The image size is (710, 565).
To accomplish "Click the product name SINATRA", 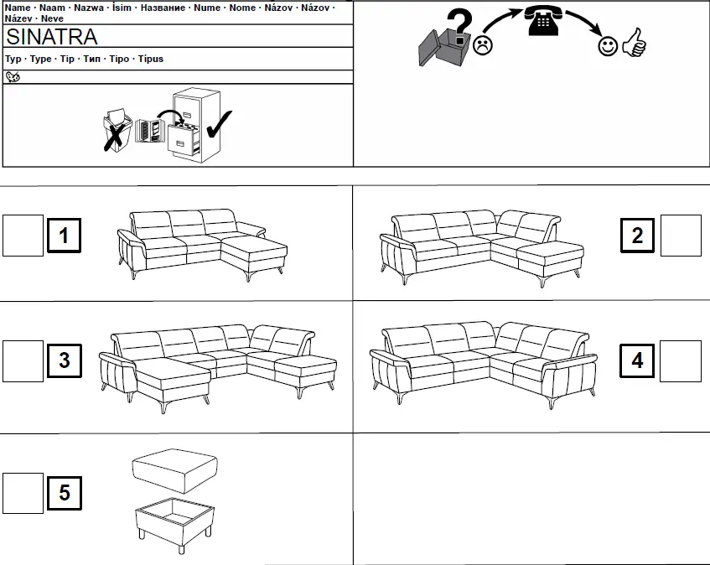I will coord(51,36).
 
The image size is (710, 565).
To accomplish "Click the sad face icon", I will coord(482,45).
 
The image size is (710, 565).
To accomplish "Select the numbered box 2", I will coord(638,236).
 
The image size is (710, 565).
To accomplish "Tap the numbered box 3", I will coord(65,362).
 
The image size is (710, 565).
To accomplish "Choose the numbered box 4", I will coord(638,361).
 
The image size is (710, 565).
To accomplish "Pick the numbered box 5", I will coord(65,493).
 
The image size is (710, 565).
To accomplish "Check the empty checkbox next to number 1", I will coord(23,236).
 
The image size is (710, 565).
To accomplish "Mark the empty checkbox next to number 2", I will coord(681,236).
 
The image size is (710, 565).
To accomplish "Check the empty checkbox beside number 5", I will coord(23,493).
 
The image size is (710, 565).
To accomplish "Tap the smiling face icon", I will coord(608,47).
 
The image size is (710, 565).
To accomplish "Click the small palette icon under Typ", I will coord(13,76).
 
